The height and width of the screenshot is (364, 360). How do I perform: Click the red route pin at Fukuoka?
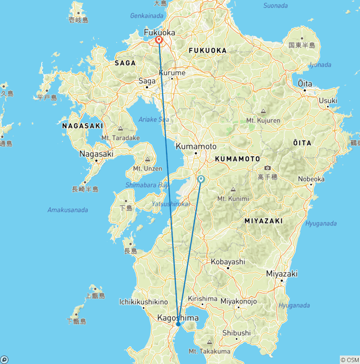click(159, 40)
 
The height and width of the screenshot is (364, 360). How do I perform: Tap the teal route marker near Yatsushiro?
click(201, 179)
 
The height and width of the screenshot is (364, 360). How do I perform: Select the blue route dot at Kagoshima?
click(178, 324)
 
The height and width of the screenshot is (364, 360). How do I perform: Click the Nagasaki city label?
click(97, 153)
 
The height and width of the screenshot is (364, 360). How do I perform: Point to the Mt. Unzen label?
click(148, 168)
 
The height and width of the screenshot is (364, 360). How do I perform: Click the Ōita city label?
click(305, 83)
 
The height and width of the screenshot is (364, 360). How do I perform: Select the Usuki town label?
click(328, 100)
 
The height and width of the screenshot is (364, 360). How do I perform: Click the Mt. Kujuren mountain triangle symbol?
click(263, 112)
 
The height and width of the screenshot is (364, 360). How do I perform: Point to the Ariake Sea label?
click(154, 120)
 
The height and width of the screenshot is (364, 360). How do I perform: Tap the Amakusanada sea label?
click(67, 210)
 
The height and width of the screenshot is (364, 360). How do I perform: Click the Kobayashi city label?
click(228, 262)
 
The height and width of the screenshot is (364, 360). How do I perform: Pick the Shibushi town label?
click(237, 333)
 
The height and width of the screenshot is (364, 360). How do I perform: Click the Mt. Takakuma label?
click(209, 351)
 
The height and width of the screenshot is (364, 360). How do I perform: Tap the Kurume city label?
click(172, 73)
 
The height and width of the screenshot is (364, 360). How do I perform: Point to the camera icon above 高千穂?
click(267, 168)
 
